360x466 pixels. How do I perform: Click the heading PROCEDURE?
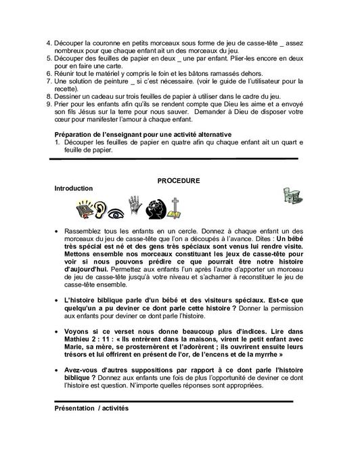[x=179, y=182]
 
